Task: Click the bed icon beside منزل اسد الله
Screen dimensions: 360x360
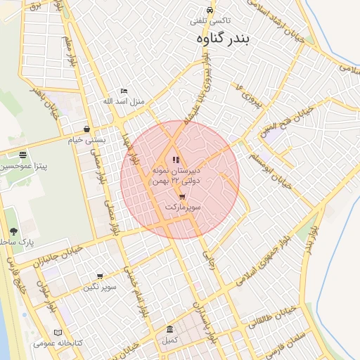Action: [124, 91]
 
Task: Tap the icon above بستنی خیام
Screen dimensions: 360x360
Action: [86, 129]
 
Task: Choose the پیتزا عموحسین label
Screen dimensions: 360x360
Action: [24, 166]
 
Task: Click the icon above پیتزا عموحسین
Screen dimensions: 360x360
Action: [23, 155]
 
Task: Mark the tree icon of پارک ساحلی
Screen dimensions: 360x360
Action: [13, 231]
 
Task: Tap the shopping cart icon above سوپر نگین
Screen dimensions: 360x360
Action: [99, 276]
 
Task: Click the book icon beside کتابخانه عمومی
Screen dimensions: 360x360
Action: [58, 333]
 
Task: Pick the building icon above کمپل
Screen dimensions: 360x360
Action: [169, 329]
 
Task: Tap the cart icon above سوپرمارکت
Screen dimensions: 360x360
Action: [182, 197]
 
